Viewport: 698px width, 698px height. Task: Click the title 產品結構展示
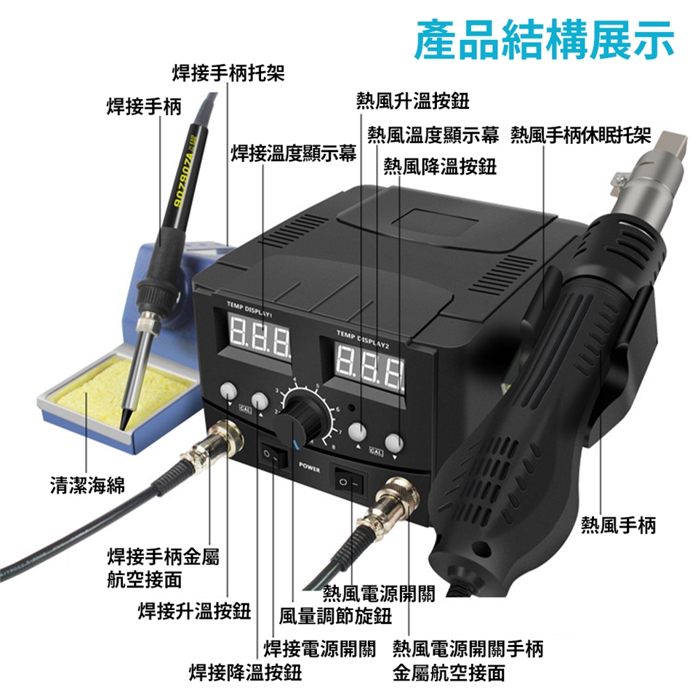click(x=544, y=39)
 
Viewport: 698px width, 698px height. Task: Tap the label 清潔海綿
click(x=88, y=485)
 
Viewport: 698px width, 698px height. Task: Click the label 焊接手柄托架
click(x=228, y=73)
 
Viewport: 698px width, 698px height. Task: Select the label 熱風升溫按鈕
click(x=413, y=101)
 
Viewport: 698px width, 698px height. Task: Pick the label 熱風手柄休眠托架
click(x=580, y=135)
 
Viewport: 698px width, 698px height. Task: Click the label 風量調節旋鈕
click(x=335, y=617)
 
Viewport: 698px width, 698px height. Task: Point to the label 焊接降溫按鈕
click(x=245, y=672)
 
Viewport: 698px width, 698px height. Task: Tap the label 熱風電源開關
click(x=379, y=593)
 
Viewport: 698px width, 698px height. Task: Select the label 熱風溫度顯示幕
click(x=433, y=135)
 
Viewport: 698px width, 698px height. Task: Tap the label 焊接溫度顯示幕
click(x=294, y=153)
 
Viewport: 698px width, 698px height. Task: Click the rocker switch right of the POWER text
click(x=348, y=481)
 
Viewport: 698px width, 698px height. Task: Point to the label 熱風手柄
click(x=619, y=525)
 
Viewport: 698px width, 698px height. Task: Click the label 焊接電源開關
click(x=320, y=649)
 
